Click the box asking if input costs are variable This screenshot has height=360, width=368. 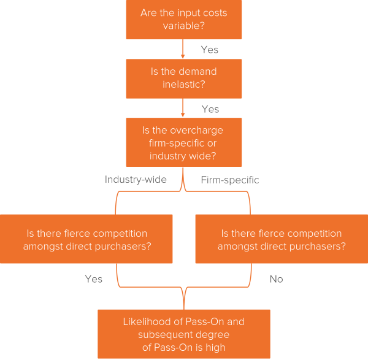(184, 20)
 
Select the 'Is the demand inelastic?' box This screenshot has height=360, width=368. (184, 78)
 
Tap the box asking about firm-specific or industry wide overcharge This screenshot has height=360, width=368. (184, 142)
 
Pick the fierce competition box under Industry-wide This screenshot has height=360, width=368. (86, 239)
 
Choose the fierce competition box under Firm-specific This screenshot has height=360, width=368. (282, 239)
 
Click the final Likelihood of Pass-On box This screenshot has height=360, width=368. (184, 334)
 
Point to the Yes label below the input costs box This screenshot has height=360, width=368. (209, 50)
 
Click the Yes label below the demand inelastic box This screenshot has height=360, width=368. (210, 109)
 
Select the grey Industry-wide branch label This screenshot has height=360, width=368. (136, 180)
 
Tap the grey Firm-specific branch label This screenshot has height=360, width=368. (230, 180)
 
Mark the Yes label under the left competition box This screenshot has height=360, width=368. (93, 279)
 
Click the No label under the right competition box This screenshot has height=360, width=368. (276, 279)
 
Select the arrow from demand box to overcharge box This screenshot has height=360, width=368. (183, 109)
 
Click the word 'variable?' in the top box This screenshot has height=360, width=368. (184, 26)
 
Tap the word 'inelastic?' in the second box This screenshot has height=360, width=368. (184, 84)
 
